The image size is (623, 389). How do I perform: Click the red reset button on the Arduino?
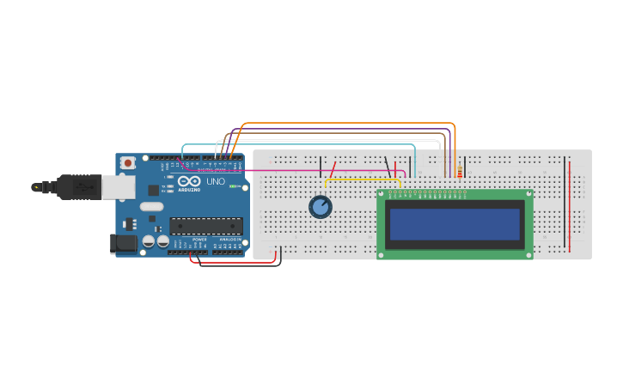click(x=128, y=162)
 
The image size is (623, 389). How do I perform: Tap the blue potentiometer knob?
click(x=321, y=206)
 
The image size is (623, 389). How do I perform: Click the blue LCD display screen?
click(x=455, y=224)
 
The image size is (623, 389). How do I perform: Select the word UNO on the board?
click(x=216, y=181)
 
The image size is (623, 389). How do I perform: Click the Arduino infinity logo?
click(x=189, y=182)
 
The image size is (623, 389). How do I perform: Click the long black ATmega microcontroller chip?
click(x=206, y=226)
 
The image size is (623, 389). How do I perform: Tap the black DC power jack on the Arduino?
click(x=125, y=244)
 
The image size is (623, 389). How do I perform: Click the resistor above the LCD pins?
click(x=460, y=172)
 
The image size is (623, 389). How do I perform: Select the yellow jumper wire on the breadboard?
click(x=361, y=179)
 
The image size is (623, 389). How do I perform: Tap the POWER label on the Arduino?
click(x=199, y=240)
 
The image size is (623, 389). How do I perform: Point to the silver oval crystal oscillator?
click(x=151, y=206)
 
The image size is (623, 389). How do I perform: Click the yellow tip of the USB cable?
click(x=36, y=186)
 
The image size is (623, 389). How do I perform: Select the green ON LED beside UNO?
click(x=232, y=186)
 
